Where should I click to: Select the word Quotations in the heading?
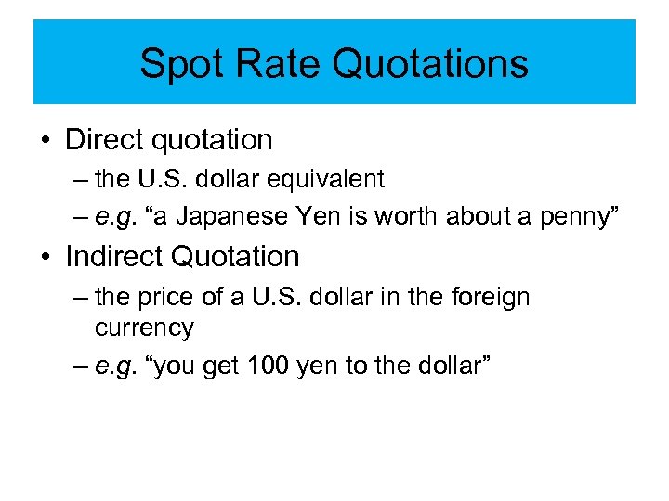click(430, 64)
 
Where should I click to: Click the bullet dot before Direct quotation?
click(46, 140)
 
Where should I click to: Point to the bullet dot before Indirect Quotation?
click(46, 257)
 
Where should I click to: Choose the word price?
click(173, 298)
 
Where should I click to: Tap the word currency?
click(144, 328)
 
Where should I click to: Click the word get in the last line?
click(222, 366)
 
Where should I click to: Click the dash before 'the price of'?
click(80, 298)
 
